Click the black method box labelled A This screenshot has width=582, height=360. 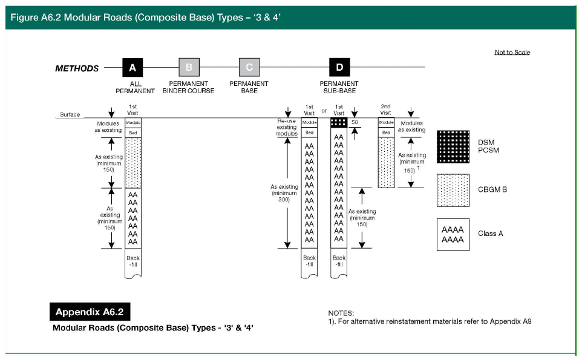click(x=132, y=68)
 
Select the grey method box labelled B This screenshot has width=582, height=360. click(x=189, y=68)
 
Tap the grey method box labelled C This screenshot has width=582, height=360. click(x=249, y=68)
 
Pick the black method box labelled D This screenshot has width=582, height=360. click(x=339, y=68)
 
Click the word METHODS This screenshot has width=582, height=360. click(x=77, y=68)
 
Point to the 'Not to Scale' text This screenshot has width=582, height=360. click(x=512, y=53)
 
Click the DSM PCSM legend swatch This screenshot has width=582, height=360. click(x=453, y=147)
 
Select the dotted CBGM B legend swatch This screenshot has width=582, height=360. click(x=453, y=190)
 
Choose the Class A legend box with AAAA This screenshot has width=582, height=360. click(x=453, y=234)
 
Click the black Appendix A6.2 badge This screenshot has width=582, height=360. click(x=90, y=312)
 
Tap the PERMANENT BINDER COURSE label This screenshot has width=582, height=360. click(x=188, y=87)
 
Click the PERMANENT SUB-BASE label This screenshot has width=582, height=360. click(x=339, y=87)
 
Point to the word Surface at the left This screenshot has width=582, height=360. click(x=70, y=114)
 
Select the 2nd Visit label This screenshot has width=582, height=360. click(x=385, y=110)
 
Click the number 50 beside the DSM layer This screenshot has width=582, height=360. click(x=355, y=122)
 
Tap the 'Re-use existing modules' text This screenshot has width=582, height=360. click(x=286, y=127)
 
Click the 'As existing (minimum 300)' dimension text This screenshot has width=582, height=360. click(x=284, y=193)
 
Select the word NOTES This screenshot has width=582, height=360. click(x=341, y=313)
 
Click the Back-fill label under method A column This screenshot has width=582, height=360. click(x=133, y=261)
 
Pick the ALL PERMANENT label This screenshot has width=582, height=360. click(x=136, y=87)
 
